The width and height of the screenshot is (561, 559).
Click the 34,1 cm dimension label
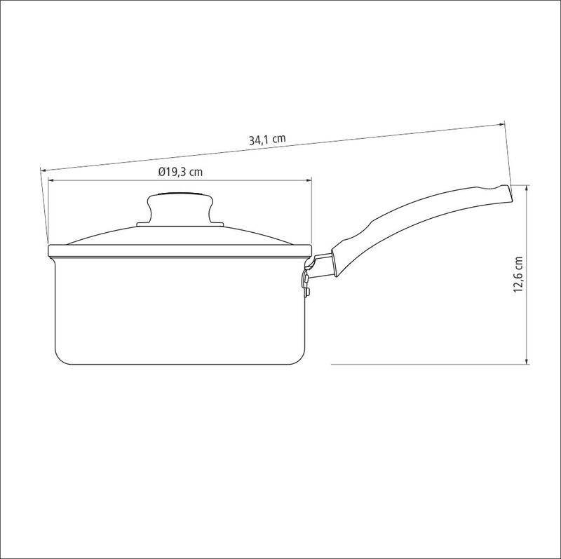click(267, 139)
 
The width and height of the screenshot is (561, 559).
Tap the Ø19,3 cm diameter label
click(180, 172)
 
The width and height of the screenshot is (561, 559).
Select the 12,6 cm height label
click(518, 274)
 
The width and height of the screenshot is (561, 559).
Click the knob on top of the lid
click(180, 208)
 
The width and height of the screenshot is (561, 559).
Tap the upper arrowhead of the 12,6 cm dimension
click(527, 188)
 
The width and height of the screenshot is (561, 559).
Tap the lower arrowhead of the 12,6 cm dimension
click(527, 361)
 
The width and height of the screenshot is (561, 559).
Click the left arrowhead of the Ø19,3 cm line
click(51, 181)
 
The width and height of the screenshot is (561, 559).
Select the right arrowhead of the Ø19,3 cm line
click(309, 181)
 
